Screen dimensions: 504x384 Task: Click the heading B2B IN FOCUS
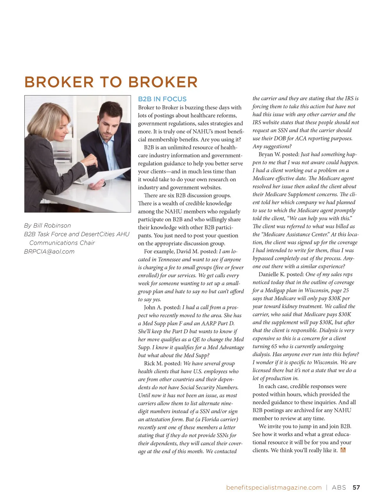click(162, 99)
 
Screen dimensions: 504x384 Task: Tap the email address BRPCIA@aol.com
click(49, 252)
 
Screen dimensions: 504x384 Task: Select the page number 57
click(356, 487)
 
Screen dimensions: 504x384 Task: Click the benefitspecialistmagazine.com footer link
click(274, 487)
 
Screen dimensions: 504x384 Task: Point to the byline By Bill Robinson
click(47, 226)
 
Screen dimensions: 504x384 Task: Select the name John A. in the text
click(153, 308)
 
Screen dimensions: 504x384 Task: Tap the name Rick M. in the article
click(154, 364)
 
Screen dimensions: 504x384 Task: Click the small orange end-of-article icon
click(343, 450)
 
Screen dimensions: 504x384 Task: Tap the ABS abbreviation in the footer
click(339, 487)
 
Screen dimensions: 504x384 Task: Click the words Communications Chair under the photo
click(62, 243)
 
